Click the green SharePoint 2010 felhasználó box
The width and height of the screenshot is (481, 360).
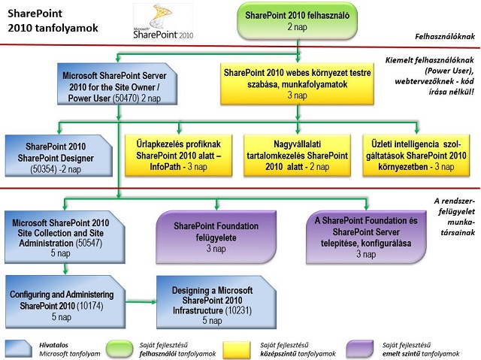(298, 21)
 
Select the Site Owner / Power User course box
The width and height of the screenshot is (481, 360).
(117, 84)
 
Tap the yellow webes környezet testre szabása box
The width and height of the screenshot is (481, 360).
(297, 83)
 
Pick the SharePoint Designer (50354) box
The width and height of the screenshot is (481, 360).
(59, 156)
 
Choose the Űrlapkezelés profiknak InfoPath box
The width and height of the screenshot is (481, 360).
(178, 155)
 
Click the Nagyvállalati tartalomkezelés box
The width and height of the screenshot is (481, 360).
(297, 155)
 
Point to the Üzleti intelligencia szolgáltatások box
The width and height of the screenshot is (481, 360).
(416, 155)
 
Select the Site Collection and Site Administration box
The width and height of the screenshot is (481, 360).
(65, 237)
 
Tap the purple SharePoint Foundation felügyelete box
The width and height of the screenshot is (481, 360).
(216, 237)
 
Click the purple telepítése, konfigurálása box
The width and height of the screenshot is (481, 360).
(366, 237)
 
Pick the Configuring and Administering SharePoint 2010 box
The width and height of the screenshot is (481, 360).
(65, 301)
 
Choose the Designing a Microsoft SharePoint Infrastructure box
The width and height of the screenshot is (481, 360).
(216, 302)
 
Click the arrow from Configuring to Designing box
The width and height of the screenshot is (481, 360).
(141, 301)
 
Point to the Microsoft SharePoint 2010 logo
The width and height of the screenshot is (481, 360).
(163, 21)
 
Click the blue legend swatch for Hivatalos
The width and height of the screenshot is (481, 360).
(19, 349)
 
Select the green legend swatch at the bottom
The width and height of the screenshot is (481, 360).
(119, 349)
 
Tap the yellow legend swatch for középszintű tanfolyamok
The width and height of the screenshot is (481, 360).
(237, 349)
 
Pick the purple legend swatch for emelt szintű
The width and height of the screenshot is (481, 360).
(359, 349)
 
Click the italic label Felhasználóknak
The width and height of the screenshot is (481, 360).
(445, 37)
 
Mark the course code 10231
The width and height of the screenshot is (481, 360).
(238, 310)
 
